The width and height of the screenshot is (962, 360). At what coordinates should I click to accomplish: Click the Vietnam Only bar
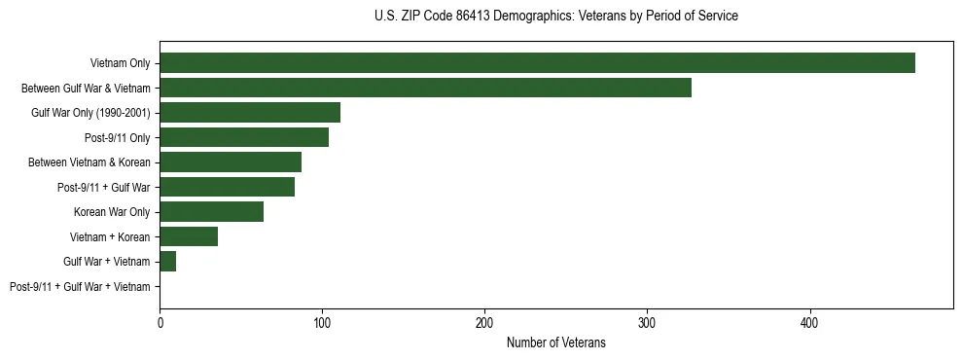[537, 63]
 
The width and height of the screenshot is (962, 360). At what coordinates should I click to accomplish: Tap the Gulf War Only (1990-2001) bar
[250, 113]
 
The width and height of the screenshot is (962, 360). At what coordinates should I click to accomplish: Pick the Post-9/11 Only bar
[244, 137]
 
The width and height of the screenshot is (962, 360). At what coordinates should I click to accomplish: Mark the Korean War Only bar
[211, 212]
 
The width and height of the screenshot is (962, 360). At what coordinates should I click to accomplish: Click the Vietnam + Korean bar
[189, 236]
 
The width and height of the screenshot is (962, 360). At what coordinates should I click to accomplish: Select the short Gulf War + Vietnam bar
[167, 262]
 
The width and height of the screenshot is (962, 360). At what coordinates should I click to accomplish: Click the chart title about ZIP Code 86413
[555, 17]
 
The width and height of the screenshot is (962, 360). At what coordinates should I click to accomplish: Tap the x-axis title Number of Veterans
[555, 342]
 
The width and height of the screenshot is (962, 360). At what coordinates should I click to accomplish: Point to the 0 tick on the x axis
[160, 321]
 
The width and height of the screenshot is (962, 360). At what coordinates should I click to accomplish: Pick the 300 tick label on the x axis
[647, 321]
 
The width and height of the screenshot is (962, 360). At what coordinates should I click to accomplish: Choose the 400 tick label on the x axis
[809, 321]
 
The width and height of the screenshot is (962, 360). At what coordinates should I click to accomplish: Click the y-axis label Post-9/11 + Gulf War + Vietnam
[80, 287]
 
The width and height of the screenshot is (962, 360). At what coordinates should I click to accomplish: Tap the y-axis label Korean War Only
[112, 212]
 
